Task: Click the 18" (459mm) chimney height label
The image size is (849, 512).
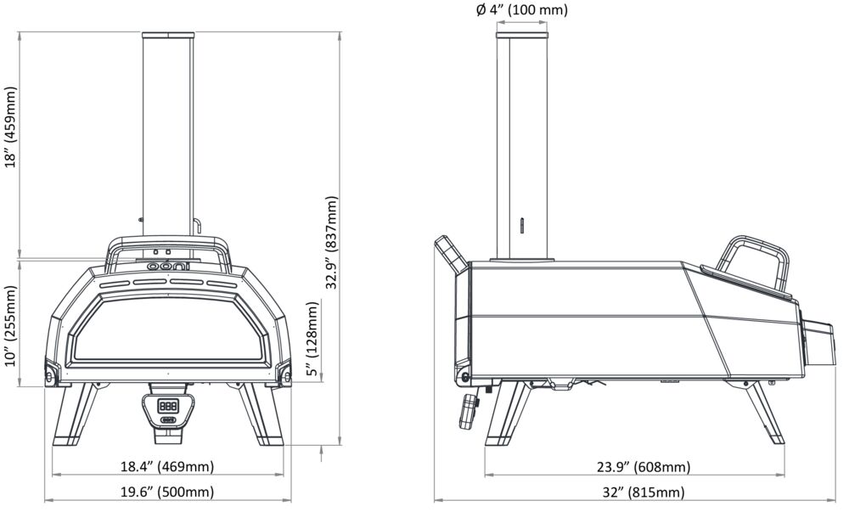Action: (11, 127)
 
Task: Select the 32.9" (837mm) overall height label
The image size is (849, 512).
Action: (331, 243)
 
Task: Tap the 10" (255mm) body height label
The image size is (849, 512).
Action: (11, 325)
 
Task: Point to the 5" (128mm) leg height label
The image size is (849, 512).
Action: (312, 338)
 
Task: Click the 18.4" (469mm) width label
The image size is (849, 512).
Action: (167, 466)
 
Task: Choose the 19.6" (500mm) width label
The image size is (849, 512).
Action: (167, 492)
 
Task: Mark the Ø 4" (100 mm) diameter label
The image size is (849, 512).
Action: (522, 9)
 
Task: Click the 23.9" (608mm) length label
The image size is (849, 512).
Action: (644, 466)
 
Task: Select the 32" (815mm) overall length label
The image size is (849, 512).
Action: (644, 492)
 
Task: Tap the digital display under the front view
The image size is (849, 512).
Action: (167, 405)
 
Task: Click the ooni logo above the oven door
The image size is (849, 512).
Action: (168, 267)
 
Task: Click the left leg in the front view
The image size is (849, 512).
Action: (75, 414)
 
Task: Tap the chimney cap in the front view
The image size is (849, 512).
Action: (168, 35)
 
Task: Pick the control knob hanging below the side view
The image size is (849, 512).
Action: (469, 411)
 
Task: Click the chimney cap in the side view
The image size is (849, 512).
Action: (522, 35)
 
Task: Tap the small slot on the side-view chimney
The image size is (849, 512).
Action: (521, 225)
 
